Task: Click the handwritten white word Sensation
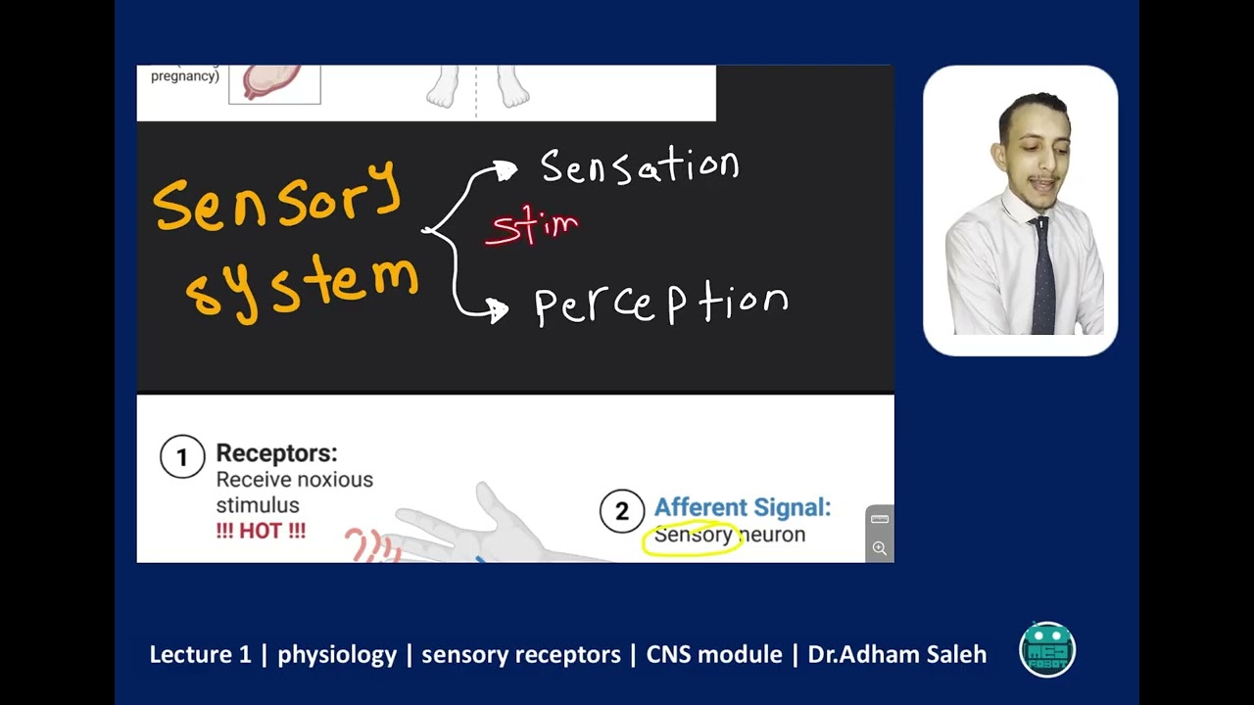tap(640, 167)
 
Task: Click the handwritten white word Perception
tap(660, 305)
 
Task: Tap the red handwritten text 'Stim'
tap(534, 227)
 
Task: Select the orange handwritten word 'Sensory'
tap(277, 197)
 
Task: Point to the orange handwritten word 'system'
tap(303, 284)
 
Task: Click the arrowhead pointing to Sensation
tap(506, 171)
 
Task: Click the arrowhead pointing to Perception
tap(498, 310)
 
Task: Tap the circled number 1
tap(182, 456)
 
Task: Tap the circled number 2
tap(621, 511)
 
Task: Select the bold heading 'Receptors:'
tap(276, 453)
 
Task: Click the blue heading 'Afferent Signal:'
tap(742, 507)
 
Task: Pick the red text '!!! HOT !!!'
tap(261, 532)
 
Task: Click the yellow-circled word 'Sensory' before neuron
tap(693, 535)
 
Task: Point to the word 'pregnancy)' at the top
tap(185, 76)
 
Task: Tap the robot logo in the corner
tap(1047, 649)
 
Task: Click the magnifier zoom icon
tap(880, 548)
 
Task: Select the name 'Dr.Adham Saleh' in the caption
tap(896, 654)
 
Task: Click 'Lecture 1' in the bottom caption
tap(200, 654)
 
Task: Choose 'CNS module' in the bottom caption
tap(714, 654)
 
